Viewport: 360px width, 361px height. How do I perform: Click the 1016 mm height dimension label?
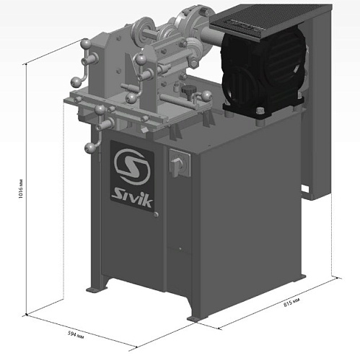click(x=21, y=188)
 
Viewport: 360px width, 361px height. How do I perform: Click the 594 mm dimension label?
click(x=76, y=335)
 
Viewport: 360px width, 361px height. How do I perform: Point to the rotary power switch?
click(x=180, y=163)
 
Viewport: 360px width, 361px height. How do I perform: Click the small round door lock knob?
click(x=156, y=214)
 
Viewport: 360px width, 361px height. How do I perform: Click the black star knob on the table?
click(x=188, y=90)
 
